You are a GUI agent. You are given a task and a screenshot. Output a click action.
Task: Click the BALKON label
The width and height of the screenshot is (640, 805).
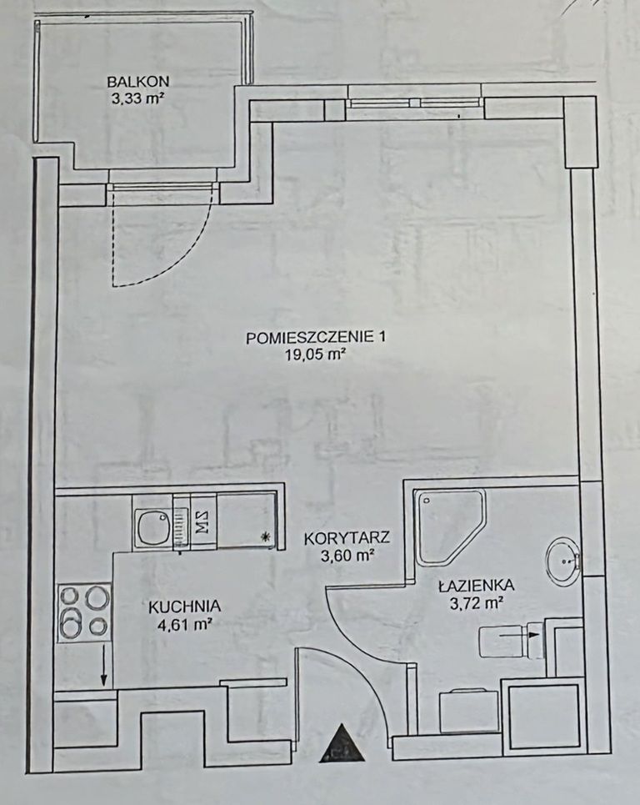pos(137,81)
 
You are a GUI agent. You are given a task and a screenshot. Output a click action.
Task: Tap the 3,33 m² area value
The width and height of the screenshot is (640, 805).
pos(137,98)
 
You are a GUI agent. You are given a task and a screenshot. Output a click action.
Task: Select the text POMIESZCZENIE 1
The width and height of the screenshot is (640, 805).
pos(315,337)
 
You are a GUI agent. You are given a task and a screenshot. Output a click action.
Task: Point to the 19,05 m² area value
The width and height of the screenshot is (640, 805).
pos(314,355)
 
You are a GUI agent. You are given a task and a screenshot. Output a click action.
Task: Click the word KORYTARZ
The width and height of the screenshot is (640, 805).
pos(347,539)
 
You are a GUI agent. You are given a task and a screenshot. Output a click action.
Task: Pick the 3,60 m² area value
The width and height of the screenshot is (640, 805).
pos(347,556)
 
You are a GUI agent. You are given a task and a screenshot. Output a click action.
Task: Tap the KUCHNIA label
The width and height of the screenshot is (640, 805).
pos(185,606)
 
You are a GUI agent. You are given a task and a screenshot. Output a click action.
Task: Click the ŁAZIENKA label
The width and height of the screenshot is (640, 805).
pos(477,584)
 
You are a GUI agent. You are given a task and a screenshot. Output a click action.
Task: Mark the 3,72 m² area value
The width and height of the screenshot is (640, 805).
pos(475,603)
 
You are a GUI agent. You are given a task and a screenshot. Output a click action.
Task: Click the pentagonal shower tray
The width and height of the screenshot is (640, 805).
pos(445,526)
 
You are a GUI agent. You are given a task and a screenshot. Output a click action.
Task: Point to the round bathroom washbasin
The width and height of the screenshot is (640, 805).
pos(562,561)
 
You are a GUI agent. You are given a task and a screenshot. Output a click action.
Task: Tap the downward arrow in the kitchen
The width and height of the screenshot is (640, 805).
pos(103,664)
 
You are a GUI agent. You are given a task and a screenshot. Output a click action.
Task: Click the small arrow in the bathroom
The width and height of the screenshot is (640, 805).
pos(519,635)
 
